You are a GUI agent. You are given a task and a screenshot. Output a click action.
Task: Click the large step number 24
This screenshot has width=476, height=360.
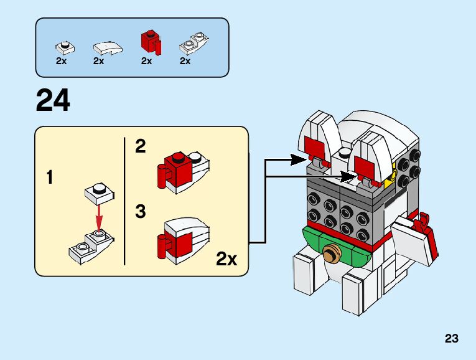click(53, 101)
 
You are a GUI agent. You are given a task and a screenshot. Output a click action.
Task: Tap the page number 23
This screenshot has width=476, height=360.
click(451, 339)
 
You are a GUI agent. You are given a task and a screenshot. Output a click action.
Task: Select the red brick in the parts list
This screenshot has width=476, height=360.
click(149, 42)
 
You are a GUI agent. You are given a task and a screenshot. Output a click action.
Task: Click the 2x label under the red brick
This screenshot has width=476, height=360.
click(146, 61)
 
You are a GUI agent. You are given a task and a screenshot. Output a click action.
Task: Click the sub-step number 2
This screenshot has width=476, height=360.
click(141, 147)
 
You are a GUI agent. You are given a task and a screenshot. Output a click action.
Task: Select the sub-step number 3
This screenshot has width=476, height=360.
click(141, 212)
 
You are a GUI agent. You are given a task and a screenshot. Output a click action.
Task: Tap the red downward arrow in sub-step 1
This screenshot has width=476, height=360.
click(98, 218)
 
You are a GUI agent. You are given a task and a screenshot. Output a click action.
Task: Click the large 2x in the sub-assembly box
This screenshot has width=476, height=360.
click(226, 259)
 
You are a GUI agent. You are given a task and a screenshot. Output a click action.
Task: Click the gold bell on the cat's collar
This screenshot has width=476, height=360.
click(332, 254)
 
